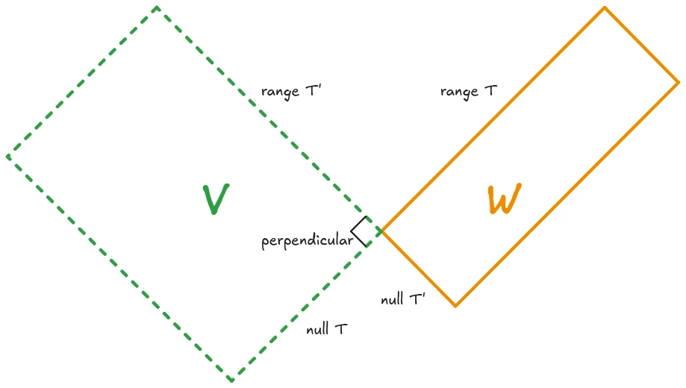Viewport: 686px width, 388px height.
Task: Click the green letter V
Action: point(216,198)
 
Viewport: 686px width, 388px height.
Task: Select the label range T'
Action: point(290,92)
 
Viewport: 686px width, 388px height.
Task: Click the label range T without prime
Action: point(468,92)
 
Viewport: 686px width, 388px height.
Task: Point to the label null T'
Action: point(402,300)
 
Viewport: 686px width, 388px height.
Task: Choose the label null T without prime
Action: point(326,329)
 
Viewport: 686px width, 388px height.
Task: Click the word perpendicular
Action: point(307,241)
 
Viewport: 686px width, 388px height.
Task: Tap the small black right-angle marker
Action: point(361,232)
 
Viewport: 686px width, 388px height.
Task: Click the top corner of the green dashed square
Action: point(157,7)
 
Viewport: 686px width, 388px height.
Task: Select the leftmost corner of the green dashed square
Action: point(7,157)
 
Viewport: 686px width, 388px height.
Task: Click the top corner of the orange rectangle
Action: point(605,7)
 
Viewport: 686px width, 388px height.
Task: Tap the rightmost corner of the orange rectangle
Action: point(679,82)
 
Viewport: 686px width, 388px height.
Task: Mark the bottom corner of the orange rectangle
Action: point(455,306)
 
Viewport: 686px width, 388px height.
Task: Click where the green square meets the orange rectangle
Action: point(381,231)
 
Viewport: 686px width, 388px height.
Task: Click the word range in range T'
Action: point(276,93)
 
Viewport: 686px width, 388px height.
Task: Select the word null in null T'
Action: point(391,300)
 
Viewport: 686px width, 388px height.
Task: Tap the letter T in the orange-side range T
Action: point(490,91)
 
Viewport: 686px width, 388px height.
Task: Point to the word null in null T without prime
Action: point(317,329)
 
